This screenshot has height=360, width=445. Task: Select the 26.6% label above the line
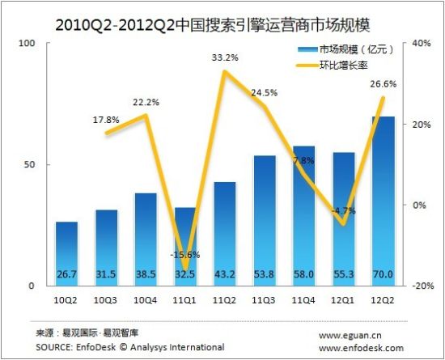(x=383, y=83)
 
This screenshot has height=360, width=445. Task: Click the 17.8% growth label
(x=107, y=120)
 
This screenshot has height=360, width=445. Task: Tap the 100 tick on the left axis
(x=27, y=43)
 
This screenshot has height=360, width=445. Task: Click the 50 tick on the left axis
(x=30, y=164)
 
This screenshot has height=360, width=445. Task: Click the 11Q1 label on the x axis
(x=186, y=299)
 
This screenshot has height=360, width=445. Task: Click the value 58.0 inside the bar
(x=305, y=276)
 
